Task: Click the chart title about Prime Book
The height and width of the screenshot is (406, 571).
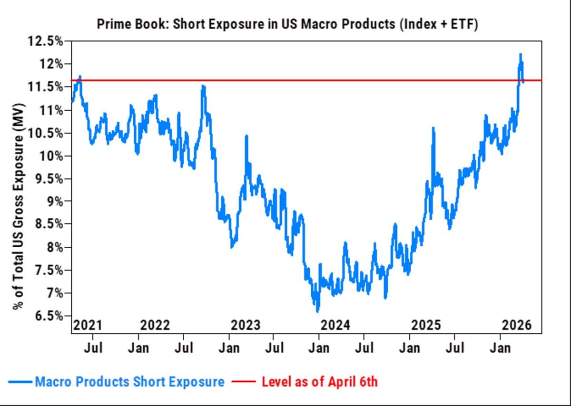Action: [x=287, y=24]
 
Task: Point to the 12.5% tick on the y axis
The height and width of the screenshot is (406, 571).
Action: [x=46, y=41]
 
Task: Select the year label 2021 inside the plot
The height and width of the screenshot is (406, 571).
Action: [x=88, y=325]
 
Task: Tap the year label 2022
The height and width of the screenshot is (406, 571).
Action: [x=155, y=325]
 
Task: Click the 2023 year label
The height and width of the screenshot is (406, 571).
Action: [x=246, y=325]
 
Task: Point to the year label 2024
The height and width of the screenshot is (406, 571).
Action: [x=335, y=325]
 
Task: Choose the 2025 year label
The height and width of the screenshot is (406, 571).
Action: [x=426, y=325]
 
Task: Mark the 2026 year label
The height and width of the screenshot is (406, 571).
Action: [x=516, y=325]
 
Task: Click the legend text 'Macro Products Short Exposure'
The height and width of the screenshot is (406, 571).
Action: [x=130, y=381]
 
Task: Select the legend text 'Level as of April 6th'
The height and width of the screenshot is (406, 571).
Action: [x=319, y=381]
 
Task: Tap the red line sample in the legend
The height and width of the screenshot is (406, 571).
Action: [x=245, y=382]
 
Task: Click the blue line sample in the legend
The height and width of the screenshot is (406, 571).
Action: [x=20, y=382]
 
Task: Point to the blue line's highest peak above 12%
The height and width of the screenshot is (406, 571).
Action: [x=521, y=55]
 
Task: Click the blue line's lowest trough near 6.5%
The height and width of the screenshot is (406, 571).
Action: [x=317, y=311]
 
